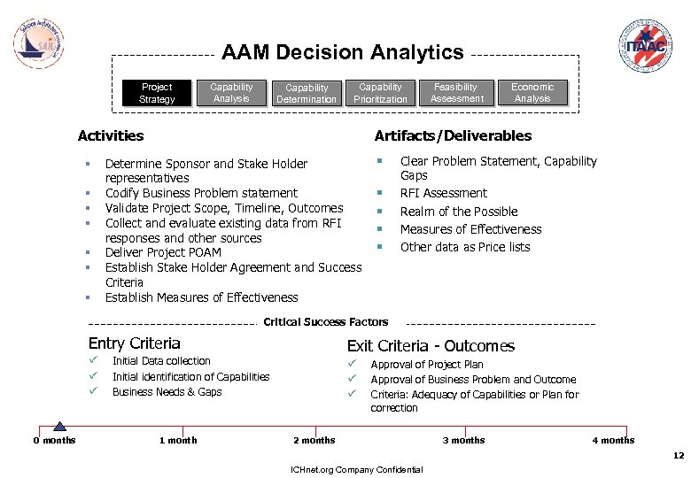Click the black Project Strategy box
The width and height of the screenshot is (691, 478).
point(157,93)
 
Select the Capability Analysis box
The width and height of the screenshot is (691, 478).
point(231,93)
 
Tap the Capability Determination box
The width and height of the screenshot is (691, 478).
point(307,94)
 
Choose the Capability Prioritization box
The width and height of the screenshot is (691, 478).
point(380,93)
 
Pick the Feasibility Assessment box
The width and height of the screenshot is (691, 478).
point(456,93)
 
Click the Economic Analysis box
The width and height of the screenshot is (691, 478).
point(532,93)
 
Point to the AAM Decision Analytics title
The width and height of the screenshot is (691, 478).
point(342,53)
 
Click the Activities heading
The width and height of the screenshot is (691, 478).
point(111,135)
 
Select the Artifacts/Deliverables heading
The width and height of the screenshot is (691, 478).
point(453,135)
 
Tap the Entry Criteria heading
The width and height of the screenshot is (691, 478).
point(134,343)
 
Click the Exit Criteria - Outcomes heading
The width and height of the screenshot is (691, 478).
point(431,346)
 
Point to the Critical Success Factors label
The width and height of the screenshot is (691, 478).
point(325,322)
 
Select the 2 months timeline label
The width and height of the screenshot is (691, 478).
point(314,440)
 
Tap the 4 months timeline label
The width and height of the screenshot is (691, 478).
point(613,440)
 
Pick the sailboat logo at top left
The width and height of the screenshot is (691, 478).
point(40,40)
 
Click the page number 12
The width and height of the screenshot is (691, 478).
point(679,456)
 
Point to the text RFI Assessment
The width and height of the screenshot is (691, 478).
point(444,193)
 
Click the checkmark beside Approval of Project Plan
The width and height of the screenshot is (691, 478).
point(351,364)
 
